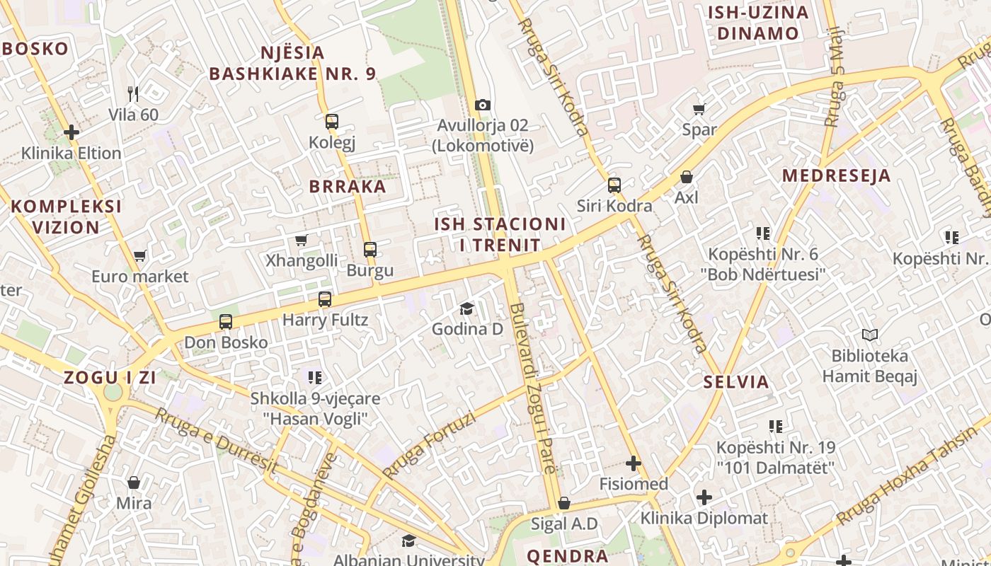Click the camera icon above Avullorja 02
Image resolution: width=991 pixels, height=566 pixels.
pos(483,105)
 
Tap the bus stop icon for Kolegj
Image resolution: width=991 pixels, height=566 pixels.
pos(332,122)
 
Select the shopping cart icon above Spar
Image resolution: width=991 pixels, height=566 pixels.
pos(699,109)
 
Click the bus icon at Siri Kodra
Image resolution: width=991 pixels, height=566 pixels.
pos(614,185)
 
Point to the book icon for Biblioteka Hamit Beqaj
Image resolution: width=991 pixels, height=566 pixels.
pos(870,335)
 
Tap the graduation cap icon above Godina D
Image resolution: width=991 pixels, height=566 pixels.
pos(466,308)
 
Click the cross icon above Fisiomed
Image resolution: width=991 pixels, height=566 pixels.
pos(634,464)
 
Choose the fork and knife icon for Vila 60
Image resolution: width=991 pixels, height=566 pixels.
pos(133,93)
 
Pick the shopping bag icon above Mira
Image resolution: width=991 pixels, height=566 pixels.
pos(134,483)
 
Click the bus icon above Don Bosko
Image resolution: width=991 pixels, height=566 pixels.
pos(226,322)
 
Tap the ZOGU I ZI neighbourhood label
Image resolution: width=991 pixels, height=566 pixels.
pos(110,377)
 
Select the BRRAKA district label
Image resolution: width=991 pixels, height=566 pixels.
pos(348,187)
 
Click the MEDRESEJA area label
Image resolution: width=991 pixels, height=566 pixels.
pos(836,175)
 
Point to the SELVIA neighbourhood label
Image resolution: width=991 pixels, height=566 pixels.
pos(736,382)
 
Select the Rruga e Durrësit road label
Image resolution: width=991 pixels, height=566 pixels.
pos(216,439)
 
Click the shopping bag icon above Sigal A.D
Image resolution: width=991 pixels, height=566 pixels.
pos(564,504)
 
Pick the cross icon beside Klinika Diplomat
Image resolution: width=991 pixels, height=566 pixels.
pos(704,497)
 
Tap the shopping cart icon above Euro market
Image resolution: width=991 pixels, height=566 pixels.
pos(139,255)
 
